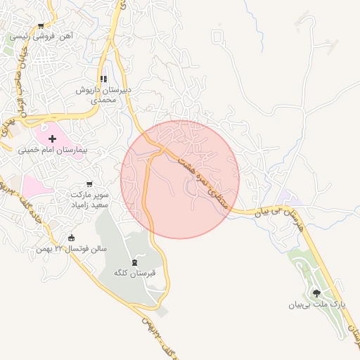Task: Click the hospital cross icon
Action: click(x=53, y=139)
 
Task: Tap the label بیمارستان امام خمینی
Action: click(x=53, y=150)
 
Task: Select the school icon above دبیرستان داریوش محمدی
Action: click(x=103, y=79)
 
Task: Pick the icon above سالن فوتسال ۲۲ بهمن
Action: click(x=70, y=238)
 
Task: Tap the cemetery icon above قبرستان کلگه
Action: click(x=135, y=262)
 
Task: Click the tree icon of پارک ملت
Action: click(x=317, y=294)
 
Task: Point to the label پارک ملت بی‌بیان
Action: click(x=317, y=305)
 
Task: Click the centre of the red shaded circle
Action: click(x=180, y=179)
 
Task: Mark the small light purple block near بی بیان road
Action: click(x=285, y=198)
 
